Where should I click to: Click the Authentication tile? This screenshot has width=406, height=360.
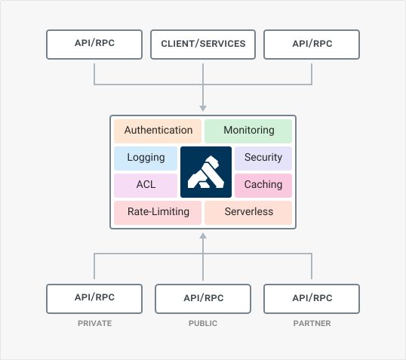pyautogui.click(x=158, y=131)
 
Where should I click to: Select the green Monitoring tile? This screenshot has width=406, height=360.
pyautogui.click(x=248, y=131)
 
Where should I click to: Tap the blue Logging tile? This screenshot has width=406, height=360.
pyautogui.click(x=146, y=158)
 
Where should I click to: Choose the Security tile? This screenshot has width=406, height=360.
pyautogui.click(x=263, y=158)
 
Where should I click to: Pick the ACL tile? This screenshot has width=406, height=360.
pyautogui.click(x=146, y=185)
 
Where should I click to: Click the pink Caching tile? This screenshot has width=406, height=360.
pyautogui.click(x=263, y=185)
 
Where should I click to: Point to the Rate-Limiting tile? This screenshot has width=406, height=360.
pyautogui.click(x=158, y=212)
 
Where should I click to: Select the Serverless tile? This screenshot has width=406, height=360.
pyautogui.click(x=248, y=212)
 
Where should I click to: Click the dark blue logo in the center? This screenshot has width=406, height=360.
pyautogui.click(x=205, y=172)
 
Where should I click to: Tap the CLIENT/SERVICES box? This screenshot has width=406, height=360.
pyautogui.click(x=203, y=44)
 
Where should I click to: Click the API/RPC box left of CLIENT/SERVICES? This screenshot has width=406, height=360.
pyautogui.click(x=94, y=44)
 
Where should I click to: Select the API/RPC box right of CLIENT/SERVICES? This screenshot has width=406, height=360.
pyautogui.click(x=312, y=44)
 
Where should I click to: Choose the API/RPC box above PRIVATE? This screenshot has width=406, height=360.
pyautogui.click(x=94, y=298)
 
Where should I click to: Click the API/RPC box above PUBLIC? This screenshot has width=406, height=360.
pyautogui.click(x=203, y=298)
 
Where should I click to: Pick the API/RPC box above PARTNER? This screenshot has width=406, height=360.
pyautogui.click(x=312, y=298)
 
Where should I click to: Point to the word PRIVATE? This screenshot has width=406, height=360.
pyautogui.click(x=94, y=323)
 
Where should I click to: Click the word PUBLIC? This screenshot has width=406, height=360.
pyautogui.click(x=203, y=323)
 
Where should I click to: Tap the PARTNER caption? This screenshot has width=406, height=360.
pyautogui.click(x=312, y=323)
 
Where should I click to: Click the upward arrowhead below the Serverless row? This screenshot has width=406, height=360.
pyautogui.click(x=203, y=236)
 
